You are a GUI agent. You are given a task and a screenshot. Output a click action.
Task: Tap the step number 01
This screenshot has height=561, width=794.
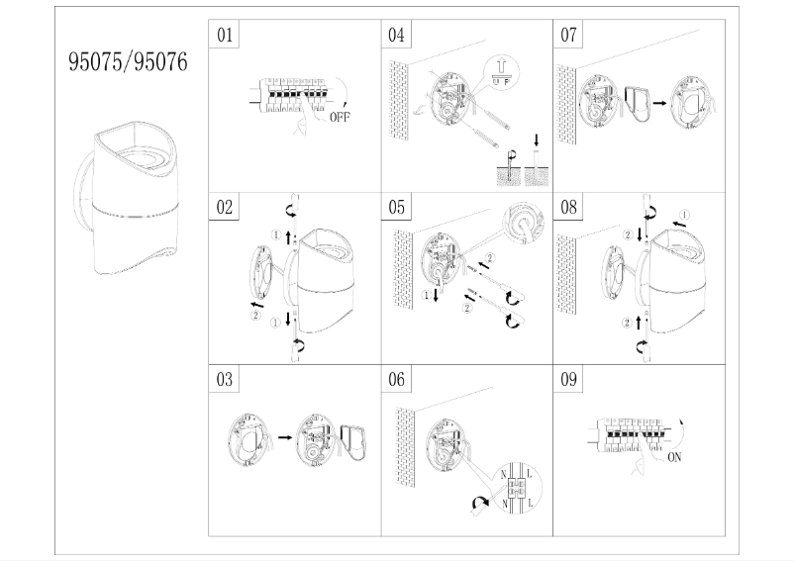[x=225, y=36]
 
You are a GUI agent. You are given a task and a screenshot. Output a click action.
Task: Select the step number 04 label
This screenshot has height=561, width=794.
[x=396, y=36]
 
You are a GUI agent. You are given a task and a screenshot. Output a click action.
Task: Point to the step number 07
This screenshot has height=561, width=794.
[x=568, y=36]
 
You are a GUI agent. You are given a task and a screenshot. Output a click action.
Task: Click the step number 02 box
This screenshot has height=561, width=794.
[x=225, y=208]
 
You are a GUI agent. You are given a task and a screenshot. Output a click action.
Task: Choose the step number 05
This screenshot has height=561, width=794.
[x=396, y=208]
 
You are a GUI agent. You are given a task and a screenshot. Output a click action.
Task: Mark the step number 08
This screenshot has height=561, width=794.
[x=568, y=208]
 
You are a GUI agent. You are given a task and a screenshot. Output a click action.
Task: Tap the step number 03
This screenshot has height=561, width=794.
[x=225, y=380]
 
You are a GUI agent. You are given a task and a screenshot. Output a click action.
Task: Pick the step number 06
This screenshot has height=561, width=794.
[x=396, y=380]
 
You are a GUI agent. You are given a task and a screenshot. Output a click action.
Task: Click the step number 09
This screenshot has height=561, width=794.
[x=568, y=380]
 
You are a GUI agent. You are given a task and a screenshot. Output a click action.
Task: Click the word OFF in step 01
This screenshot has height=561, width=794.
[x=338, y=116]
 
